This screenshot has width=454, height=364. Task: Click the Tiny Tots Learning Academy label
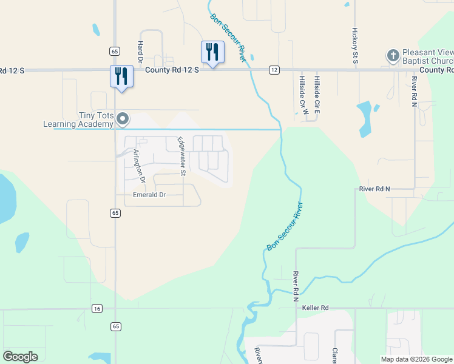[x=78, y=120]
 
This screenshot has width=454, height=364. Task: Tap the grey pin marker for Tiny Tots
[x=123, y=119]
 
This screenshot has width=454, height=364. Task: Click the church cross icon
[x=393, y=56]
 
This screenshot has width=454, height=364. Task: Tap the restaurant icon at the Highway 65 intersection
[x=121, y=76]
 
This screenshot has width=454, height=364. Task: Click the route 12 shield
[x=274, y=70]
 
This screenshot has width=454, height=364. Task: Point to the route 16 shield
[x=97, y=309]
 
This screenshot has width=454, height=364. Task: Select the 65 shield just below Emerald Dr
[x=115, y=213]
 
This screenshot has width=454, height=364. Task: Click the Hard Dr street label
[x=140, y=53]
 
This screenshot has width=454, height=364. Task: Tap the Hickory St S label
[x=355, y=43]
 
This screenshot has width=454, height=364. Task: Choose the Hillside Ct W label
[x=301, y=92]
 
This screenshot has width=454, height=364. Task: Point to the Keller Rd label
[x=315, y=308]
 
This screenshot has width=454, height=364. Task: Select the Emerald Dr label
[x=149, y=195]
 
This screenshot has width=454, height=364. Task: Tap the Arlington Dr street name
[x=140, y=166]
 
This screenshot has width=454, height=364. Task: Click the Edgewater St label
[x=181, y=157]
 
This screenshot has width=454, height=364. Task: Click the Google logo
[x=21, y=357]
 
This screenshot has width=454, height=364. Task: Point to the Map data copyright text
[x=416, y=359]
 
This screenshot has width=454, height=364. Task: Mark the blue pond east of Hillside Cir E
[x=365, y=116]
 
